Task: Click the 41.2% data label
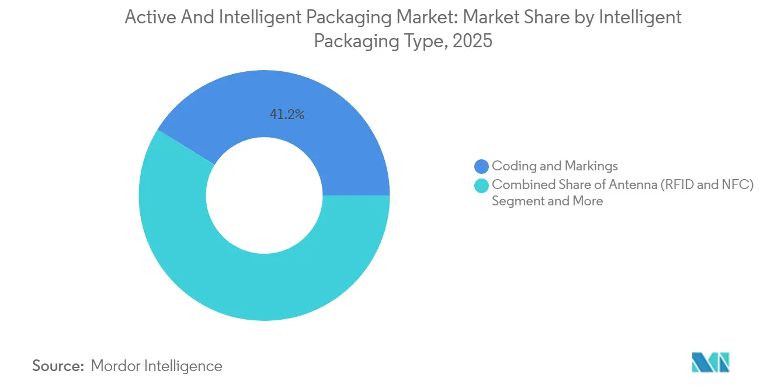pyautogui.click(x=287, y=115)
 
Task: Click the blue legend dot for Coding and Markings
pyautogui.click(x=482, y=166)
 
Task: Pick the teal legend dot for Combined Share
pyautogui.click(x=482, y=186)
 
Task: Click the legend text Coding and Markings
pyautogui.click(x=554, y=166)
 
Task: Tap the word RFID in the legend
pyautogui.click(x=668, y=185)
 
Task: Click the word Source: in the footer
pyautogui.click(x=58, y=366)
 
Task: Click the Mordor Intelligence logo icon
pyautogui.click(x=710, y=362)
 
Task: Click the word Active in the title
pyautogui.click(x=144, y=18)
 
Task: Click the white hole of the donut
pyautogui.click(x=264, y=195)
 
